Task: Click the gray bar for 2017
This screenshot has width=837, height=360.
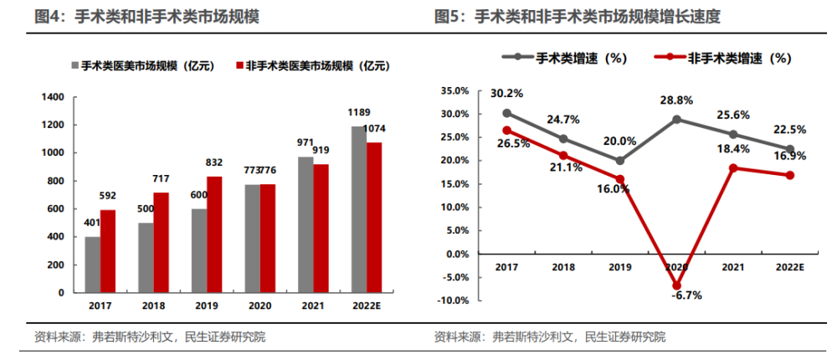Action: tap(92, 265)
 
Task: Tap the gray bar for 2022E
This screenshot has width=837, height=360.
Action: tap(358, 209)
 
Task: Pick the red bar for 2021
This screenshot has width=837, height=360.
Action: tap(321, 229)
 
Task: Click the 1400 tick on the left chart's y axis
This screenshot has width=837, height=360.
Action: tap(53, 97)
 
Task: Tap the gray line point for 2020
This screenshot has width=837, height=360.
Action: tap(677, 119)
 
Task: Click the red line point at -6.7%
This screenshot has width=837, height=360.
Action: tap(677, 285)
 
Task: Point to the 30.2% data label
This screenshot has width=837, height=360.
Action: tap(507, 93)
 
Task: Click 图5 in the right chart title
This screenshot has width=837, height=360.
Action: tap(449, 15)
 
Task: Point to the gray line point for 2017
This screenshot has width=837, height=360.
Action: tap(507, 112)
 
